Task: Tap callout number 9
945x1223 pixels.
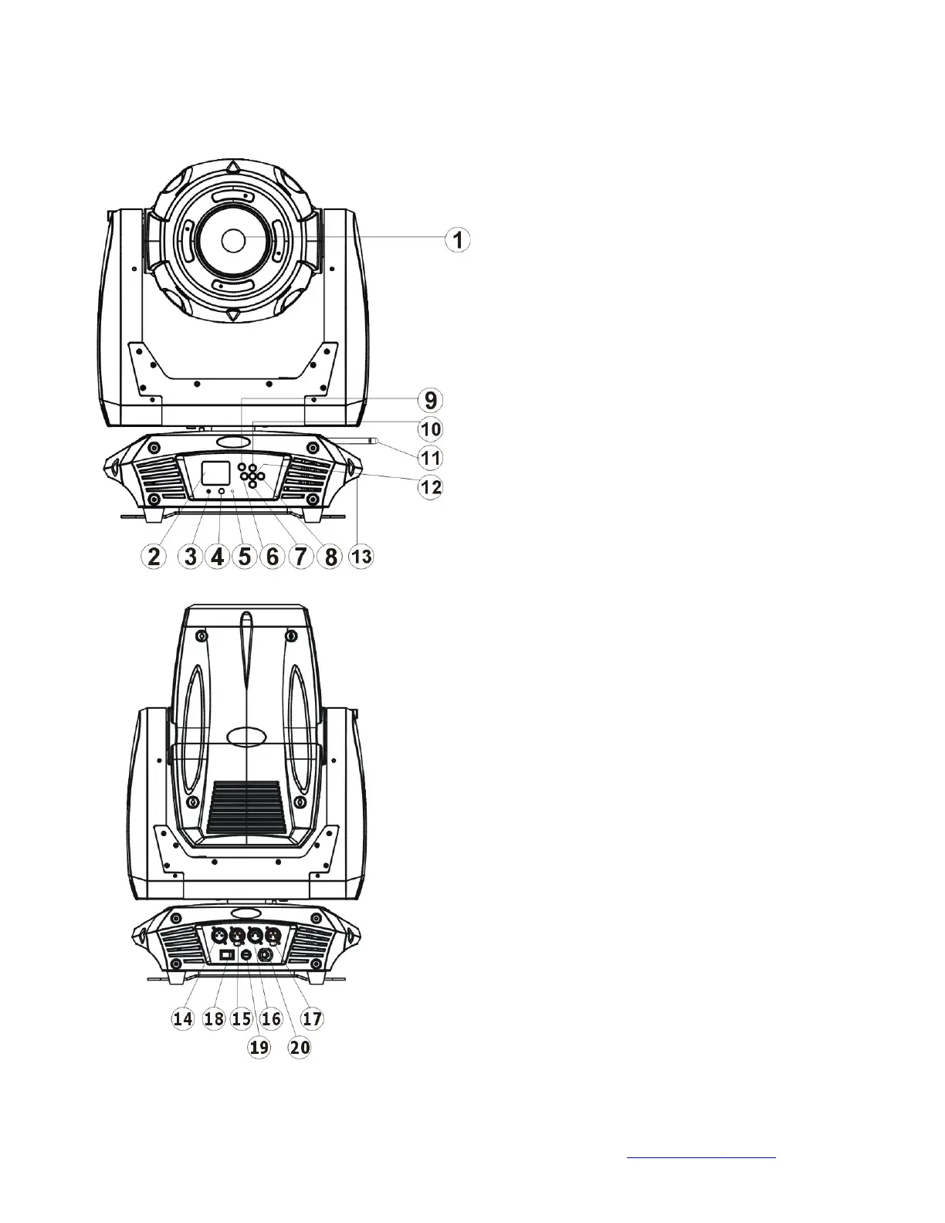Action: coord(431,401)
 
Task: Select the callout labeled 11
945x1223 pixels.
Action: coord(431,458)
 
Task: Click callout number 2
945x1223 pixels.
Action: coord(154,557)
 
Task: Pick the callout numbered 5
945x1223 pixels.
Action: coord(245,557)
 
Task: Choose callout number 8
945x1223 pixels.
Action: coord(330,557)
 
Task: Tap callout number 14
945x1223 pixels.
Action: coord(183,1018)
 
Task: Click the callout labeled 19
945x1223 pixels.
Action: coord(259,1048)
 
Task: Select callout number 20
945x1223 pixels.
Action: coord(300,1048)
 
